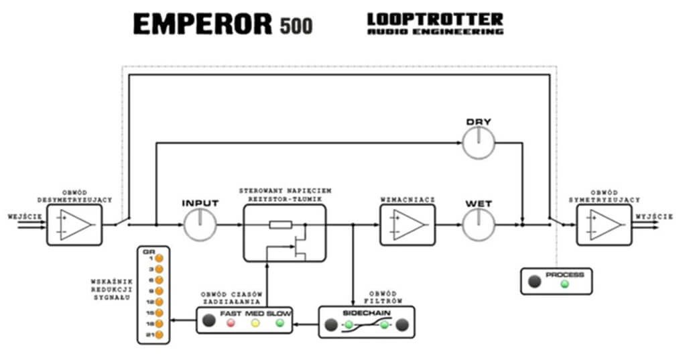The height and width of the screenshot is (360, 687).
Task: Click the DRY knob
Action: point(479,143)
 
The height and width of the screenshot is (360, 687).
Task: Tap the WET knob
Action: point(479,225)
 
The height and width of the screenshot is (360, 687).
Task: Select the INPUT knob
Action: point(200,225)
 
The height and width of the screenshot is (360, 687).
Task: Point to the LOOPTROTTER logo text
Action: point(435,19)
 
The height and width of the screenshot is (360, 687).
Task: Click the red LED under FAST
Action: point(231,323)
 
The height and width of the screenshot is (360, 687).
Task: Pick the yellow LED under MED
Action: point(255,323)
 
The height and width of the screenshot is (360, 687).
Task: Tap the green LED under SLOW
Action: point(279,323)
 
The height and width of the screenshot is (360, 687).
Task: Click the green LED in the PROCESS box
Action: point(564,284)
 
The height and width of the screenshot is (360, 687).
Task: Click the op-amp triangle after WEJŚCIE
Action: point(74,225)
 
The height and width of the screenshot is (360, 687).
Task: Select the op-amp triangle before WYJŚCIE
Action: point(604,225)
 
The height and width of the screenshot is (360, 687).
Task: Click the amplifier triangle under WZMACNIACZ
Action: point(408,225)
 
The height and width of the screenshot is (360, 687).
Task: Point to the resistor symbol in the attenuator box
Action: point(279,225)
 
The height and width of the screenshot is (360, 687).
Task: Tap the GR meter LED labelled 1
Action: point(160,258)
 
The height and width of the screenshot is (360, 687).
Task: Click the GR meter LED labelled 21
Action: point(160,335)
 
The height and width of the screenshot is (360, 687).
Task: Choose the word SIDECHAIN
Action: point(366,314)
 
